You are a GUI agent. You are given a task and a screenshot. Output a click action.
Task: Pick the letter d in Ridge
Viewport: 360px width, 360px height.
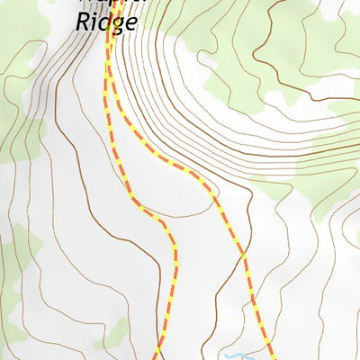click(103, 20)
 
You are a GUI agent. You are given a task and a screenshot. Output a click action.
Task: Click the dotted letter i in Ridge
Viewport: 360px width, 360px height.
click(92, 20)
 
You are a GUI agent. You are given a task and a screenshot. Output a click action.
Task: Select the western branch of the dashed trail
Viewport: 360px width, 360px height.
click(173, 270)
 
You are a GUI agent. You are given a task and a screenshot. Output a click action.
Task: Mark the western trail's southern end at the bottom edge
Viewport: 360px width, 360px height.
click(155, 356)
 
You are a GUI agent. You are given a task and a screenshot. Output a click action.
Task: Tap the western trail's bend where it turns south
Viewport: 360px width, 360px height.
click(165, 225)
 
